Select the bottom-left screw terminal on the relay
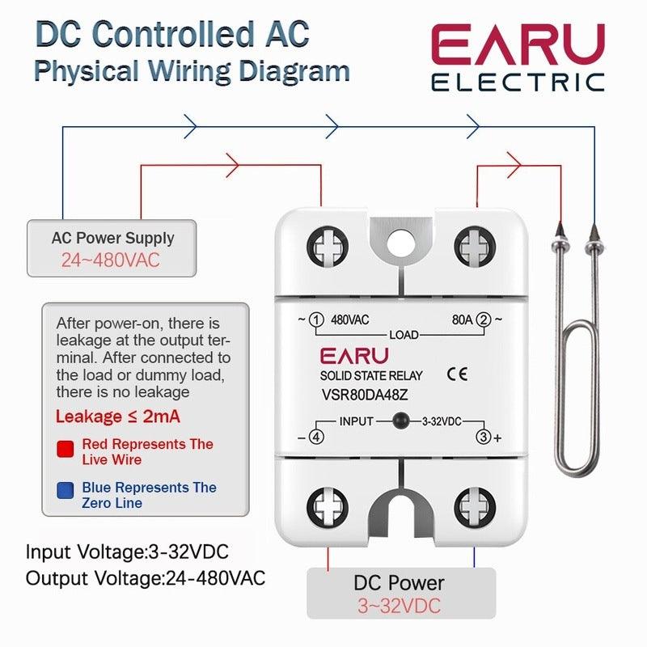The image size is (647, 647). coord(328,509)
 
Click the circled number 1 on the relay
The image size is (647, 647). coord(317,320)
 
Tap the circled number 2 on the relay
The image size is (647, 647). coord(484,320)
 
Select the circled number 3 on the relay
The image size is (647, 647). coord(484,438)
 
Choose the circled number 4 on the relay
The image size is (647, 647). coord(317,438)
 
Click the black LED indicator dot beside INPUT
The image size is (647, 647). coord(399,421)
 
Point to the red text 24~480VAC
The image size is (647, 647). coord(111,260)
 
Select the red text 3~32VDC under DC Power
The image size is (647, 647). coord(400,606)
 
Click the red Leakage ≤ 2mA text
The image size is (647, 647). coord(117,417)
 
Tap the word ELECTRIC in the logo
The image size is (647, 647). coord(518,82)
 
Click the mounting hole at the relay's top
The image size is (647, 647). coord(400,239)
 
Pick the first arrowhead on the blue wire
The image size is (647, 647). coord(191,125)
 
